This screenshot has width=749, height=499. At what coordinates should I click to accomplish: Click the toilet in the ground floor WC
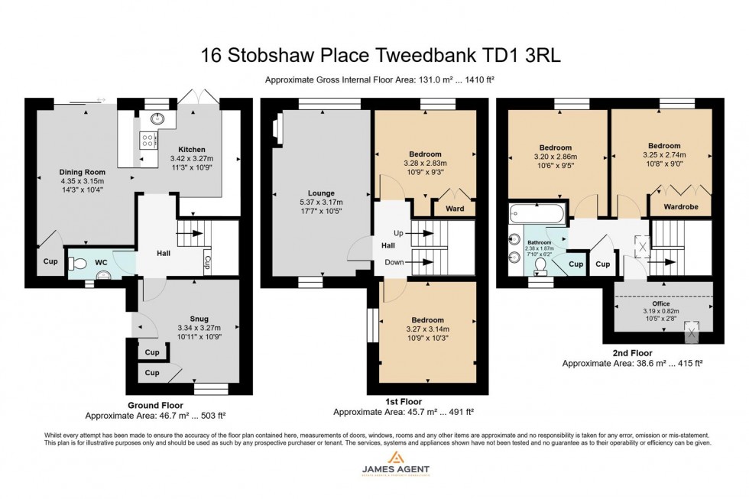point(77,263)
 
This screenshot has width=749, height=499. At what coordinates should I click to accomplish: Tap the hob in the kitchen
point(147,140)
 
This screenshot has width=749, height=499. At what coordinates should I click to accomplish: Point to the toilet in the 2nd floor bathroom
point(540,266)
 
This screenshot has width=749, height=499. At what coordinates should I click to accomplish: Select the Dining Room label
point(82,172)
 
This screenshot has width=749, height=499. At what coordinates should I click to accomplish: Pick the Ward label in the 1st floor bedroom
point(456,209)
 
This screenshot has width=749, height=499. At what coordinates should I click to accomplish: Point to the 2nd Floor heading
point(631,353)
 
